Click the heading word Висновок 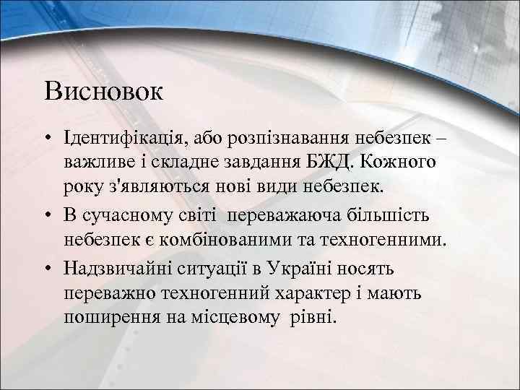click(104, 92)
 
